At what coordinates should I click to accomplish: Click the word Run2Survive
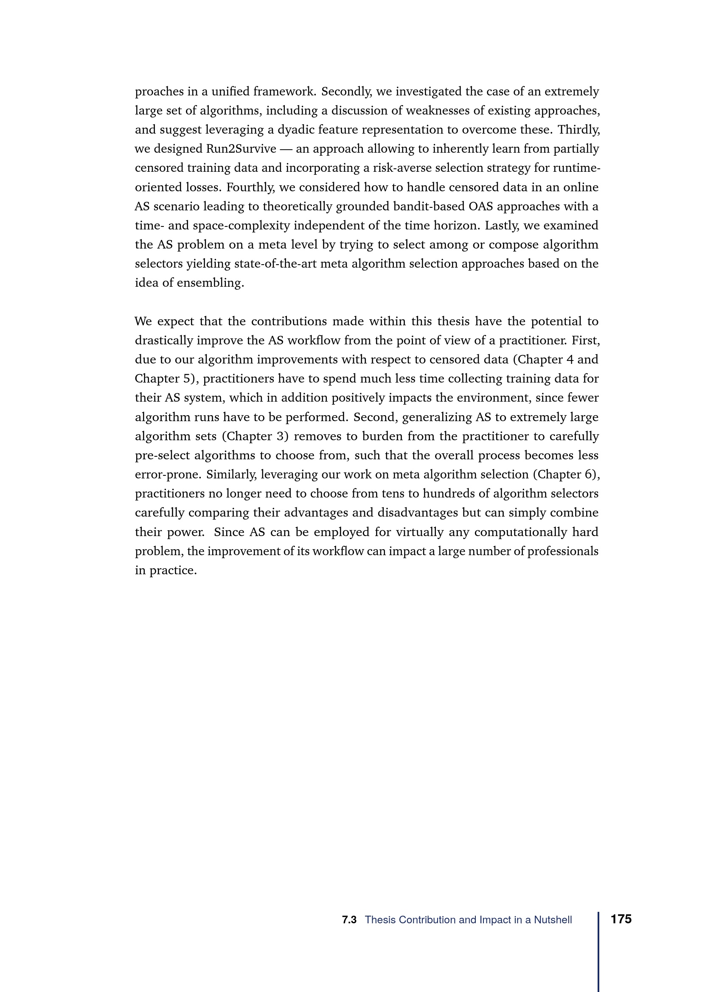(241, 148)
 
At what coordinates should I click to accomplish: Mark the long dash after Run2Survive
(286, 149)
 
